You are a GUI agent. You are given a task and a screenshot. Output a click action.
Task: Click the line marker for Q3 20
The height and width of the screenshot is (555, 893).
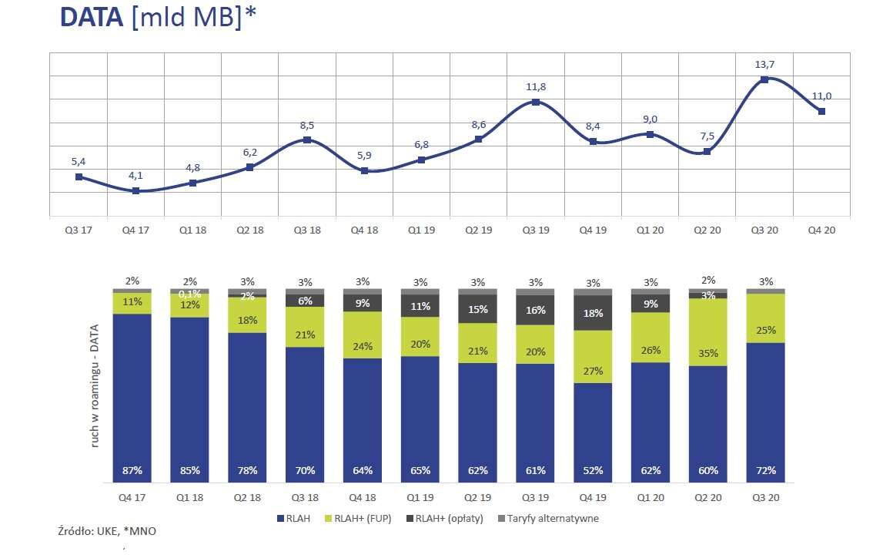764,79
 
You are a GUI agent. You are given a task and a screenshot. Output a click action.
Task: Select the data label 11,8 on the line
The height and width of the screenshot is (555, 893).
536,87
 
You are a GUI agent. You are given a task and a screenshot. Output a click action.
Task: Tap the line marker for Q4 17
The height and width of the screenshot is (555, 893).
135,190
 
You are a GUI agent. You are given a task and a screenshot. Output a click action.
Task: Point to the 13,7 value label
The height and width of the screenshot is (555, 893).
764,65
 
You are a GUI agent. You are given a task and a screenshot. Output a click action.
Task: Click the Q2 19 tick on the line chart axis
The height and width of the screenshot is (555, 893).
479,229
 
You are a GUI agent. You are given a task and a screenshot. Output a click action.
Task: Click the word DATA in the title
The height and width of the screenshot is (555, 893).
92,18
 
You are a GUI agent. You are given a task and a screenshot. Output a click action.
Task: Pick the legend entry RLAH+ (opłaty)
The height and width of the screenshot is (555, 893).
450,519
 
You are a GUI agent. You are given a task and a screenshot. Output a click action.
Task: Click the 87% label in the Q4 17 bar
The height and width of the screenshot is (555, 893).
132,470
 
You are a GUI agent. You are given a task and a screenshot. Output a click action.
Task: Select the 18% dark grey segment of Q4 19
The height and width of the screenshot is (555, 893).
594,314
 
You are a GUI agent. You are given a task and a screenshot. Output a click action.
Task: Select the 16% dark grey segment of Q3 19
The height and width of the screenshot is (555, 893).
536,310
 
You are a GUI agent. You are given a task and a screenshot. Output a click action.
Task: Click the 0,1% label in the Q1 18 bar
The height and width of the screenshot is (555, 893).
190,294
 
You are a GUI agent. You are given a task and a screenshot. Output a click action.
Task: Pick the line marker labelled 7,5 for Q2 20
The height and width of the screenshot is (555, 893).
707,152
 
